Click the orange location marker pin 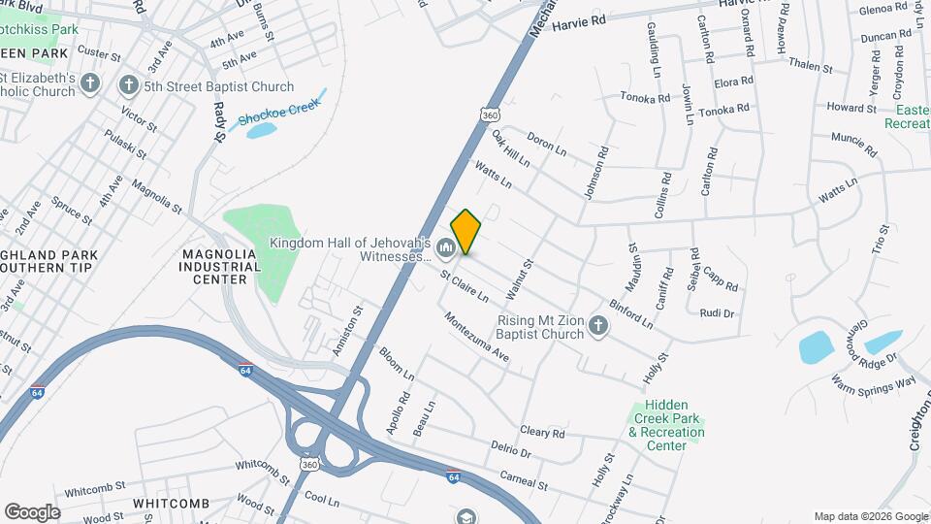click(465, 232)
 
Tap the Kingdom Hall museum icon click(446, 249)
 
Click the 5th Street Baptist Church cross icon click(128, 85)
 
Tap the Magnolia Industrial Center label click(220, 266)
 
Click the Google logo click(32, 511)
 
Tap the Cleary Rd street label click(542, 433)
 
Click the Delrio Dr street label click(511, 451)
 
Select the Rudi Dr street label click(717, 313)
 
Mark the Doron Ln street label click(548, 146)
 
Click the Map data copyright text click(870, 516)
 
